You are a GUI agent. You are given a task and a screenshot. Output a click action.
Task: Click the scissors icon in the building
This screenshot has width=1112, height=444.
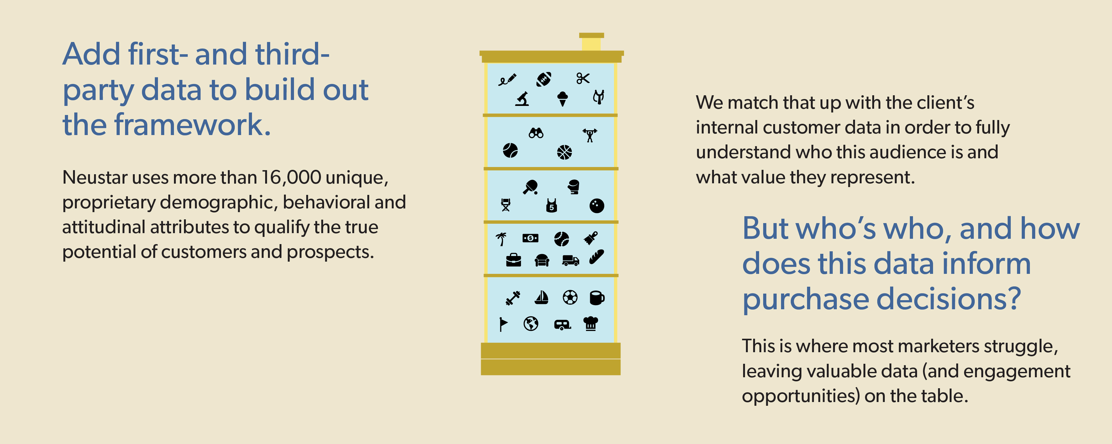[x=583, y=79]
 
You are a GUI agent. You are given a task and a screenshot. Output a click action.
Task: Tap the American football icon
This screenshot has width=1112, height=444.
[x=543, y=79]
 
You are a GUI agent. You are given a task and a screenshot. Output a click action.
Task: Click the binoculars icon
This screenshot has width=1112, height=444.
[x=536, y=133]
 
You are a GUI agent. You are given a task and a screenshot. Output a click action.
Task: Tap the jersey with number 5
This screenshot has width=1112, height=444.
[x=551, y=205]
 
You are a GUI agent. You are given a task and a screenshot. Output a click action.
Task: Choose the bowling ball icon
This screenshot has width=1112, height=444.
[x=597, y=206]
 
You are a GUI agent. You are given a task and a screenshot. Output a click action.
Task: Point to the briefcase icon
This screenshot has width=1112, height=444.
[x=513, y=260]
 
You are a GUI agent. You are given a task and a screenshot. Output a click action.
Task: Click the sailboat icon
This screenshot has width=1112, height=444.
[x=541, y=297]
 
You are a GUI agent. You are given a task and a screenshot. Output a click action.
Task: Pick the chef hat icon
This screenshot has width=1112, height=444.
[x=590, y=323]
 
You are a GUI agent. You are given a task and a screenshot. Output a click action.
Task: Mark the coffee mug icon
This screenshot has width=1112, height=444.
[x=597, y=298]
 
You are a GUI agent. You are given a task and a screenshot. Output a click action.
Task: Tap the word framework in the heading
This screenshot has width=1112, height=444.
[x=192, y=125]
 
